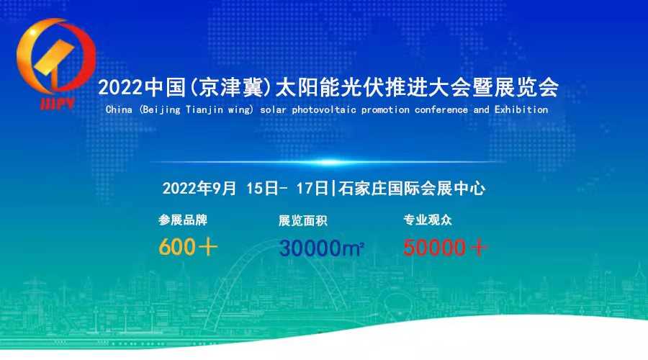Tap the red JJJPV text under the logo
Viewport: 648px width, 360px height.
58,104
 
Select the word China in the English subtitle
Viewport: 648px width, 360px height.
119,109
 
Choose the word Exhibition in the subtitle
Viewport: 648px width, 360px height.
521,109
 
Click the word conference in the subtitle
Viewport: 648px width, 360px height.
441,109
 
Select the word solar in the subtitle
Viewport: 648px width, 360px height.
274,109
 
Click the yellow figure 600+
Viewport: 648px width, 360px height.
188,247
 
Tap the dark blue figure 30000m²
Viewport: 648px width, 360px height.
322,248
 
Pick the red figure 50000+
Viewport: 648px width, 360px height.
445,248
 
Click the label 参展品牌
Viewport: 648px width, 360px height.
183,220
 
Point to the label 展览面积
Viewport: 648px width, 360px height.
303,221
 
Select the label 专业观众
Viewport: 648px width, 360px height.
428,220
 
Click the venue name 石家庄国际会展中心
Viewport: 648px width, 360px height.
412,189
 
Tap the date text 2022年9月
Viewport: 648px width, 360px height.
199,189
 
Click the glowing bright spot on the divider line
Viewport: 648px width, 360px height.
328,162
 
